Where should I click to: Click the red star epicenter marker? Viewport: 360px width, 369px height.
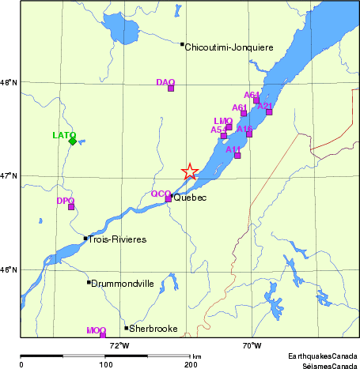pos(189,171)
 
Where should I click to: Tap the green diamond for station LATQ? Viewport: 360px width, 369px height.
pos(73,141)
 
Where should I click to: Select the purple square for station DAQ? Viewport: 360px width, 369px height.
pos(170,88)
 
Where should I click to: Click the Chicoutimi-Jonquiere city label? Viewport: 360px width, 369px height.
pos(229,47)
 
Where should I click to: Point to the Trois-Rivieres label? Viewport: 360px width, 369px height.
pos(117,239)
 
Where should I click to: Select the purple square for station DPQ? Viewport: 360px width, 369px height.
pos(71,207)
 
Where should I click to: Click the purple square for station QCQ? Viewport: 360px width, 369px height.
pos(169,199)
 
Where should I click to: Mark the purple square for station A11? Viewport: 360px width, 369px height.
pos(237,155)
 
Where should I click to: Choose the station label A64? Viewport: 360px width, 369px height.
pos(252,95)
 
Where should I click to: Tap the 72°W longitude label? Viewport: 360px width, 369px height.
pos(120,345)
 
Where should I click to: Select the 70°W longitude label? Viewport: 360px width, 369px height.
pos(252,345)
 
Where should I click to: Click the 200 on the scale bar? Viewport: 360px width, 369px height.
pos(191,364)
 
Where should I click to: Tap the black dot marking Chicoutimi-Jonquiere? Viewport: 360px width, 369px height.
pos(182,44)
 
